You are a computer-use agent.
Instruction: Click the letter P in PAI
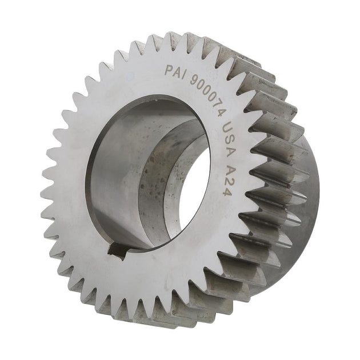click(x=169, y=70)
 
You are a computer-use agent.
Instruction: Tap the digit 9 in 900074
click(x=195, y=80)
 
